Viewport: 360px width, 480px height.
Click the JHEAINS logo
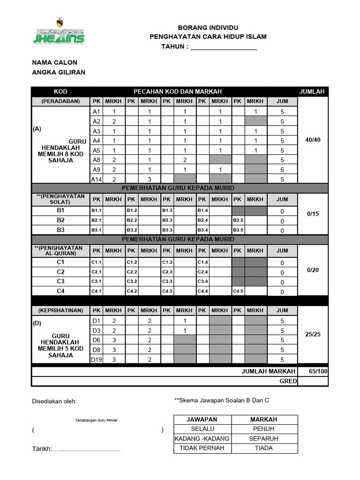coord(59,32)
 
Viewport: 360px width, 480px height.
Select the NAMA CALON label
coord(54,62)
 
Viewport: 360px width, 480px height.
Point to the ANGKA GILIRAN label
coord(59,72)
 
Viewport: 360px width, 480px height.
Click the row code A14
coord(97,179)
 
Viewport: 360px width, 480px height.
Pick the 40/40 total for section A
coord(313,140)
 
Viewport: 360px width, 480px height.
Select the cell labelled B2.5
coord(238,220)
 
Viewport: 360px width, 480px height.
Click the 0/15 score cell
coord(313,214)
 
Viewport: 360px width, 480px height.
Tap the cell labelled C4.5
coord(238,291)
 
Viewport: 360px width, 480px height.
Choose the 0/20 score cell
coord(313,270)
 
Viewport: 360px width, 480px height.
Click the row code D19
coord(97,360)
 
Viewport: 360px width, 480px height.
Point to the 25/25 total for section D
coord(313,335)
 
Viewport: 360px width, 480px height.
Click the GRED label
coord(288,381)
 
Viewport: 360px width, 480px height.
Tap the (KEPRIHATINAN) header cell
coord(60,310)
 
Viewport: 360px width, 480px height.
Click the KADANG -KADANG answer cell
coord(202,438)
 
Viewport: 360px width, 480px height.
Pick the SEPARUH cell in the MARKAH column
coord(263,438)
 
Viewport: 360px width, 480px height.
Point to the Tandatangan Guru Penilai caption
coord(96,420)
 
